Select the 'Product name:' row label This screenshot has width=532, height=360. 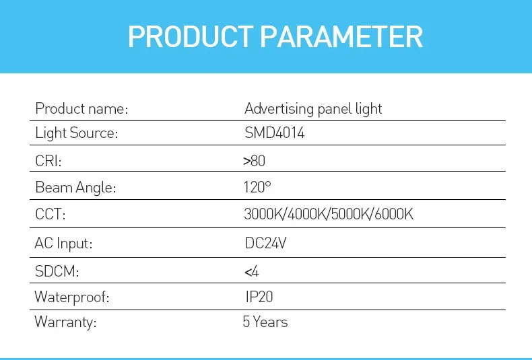click(81, 108)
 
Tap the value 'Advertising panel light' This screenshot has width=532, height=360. click(313, 108)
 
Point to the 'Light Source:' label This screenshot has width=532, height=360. click(76, 133)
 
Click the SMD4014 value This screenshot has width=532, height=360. click(274, 133)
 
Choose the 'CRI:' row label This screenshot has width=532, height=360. click(53, 161)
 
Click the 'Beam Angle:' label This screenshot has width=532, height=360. click(75, 188)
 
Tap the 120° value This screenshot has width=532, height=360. click(257, 188)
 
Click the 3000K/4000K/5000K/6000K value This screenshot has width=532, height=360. click(328, 215)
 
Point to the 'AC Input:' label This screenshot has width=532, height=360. click(63, 243)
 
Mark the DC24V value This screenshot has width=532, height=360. click(266, 243)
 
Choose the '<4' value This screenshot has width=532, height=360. click(251, 272)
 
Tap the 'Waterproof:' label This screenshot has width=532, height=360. click(71, 297)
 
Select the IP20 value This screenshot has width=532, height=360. click(260, 297)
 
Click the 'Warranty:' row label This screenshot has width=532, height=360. click(65, 322)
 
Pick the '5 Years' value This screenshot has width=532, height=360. click(265, 322)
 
